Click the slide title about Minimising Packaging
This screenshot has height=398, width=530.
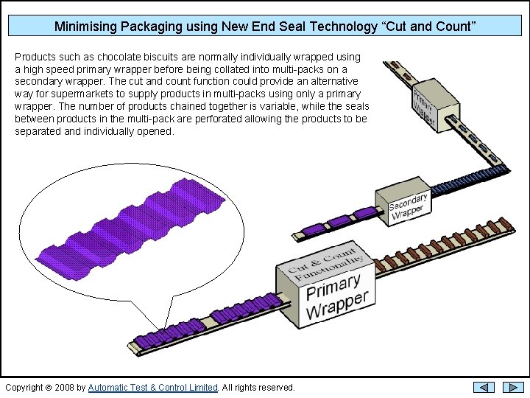pos(265,27)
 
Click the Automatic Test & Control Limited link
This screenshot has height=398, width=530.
pos(153,388)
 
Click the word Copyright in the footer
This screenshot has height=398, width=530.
pos(24,388)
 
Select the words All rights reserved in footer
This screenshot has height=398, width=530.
pos(258,388)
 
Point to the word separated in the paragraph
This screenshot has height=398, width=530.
pos(38,131)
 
